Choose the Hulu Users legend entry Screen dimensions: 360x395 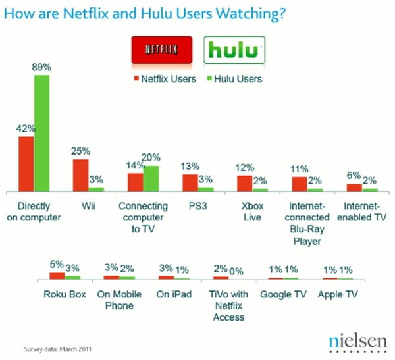pyautogui.click(x=234, y=79)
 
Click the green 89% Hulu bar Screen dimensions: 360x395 pyautogui.click(x=42, y=132)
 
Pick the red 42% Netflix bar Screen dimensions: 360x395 pyautogui.click(x=26, y=163)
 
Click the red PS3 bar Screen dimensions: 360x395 pyautogui.click(x=190, y=182)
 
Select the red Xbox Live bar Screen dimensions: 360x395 pyautogui.click(x=244, y=183)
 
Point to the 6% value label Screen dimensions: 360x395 pyautogui.click(x=354, y=176)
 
